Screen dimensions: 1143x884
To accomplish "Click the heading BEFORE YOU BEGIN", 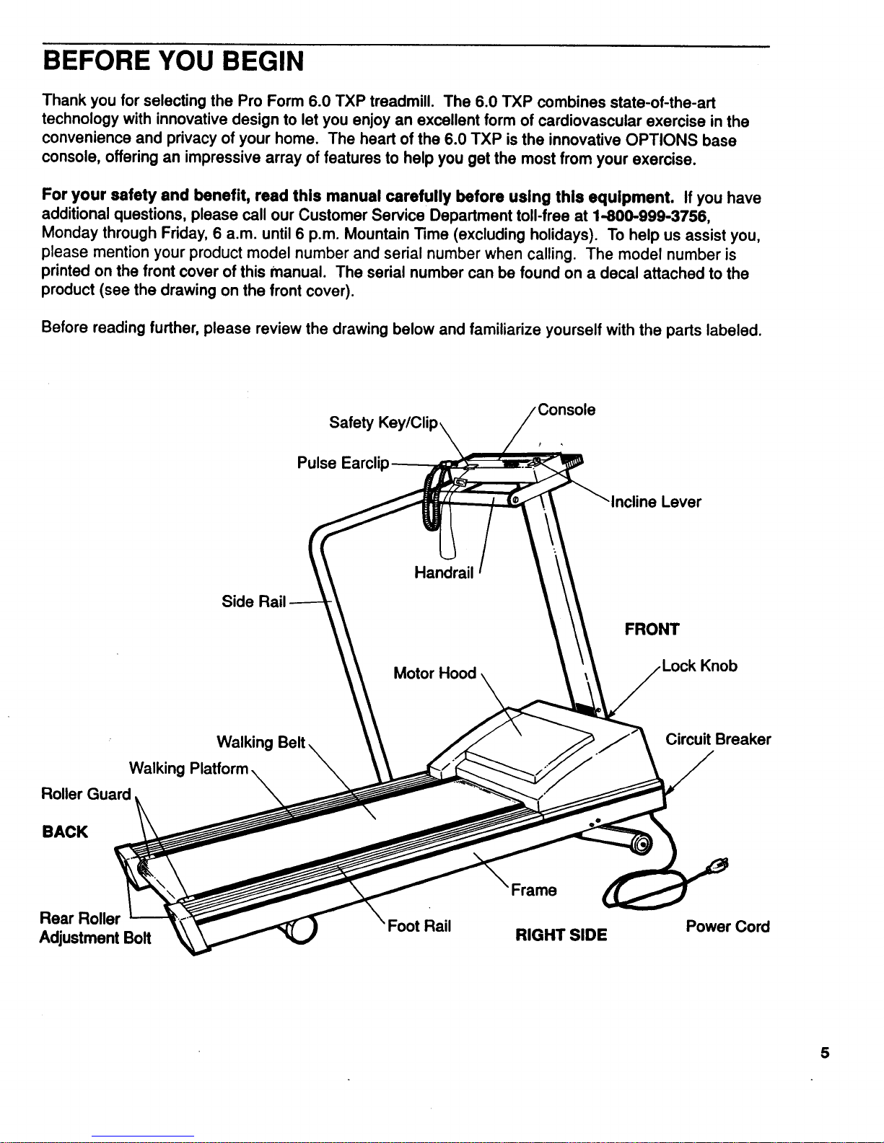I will (x=173, y=61).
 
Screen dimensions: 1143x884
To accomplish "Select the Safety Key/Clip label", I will (x=382, y=423).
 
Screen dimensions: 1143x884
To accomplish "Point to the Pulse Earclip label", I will (x=343, y=463).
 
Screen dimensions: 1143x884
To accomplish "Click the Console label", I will (x=566, y=410).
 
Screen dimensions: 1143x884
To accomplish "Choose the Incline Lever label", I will (x=656, y=502).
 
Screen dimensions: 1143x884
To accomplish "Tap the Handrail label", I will (x=444, y=573).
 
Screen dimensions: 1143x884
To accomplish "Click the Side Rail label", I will (x=253, y=601).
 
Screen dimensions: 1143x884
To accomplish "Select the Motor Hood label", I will (x=434, y=674).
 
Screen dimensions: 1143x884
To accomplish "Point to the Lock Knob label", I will (x=699, y=666).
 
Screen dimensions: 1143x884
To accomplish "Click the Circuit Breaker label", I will (x=717, y=740).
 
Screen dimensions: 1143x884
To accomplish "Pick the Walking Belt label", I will (x=262, y=743).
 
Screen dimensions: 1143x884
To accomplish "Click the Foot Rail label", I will (x=419, y=927).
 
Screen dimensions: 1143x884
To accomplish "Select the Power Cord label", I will (x=727, y=927).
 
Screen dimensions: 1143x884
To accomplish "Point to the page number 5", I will (x=824, y=1053).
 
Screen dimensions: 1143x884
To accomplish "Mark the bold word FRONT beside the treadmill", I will (x=652, y=630).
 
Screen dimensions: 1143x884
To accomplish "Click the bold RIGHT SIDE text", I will (x=561, y=935).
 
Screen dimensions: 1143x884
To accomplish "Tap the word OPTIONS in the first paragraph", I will (x=661, y=140).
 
